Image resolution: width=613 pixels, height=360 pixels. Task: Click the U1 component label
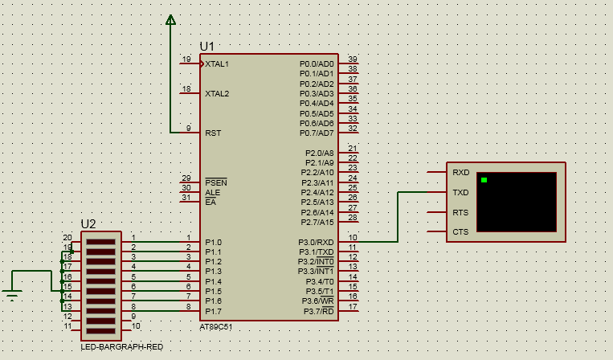point(207,47)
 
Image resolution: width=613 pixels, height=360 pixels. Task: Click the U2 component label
point(88,223)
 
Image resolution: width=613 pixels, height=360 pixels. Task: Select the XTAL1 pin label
point(217,63)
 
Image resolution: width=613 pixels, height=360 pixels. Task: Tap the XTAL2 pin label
point(217,93)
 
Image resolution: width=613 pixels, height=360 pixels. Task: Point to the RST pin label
point(213,133)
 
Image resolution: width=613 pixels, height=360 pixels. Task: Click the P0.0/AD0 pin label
point(317,63)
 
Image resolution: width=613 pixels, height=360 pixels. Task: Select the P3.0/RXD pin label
point(317,242)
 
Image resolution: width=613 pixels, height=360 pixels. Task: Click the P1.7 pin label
point(213,311)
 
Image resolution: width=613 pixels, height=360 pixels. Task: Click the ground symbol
point(11,294)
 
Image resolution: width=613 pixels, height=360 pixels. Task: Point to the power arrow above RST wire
point(170,20)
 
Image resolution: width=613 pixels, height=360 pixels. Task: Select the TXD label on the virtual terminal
point(460,193)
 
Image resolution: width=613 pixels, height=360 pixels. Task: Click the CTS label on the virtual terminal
point(460,232)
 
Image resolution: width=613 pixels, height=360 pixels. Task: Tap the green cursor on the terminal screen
point(484,180)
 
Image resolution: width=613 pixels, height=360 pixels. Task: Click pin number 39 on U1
point(353,59)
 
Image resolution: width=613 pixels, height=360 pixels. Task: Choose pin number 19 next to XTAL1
point(186,59)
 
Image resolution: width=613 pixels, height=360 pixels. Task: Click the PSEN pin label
point(216,182)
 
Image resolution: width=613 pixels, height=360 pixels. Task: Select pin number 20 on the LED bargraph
point(67,237)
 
